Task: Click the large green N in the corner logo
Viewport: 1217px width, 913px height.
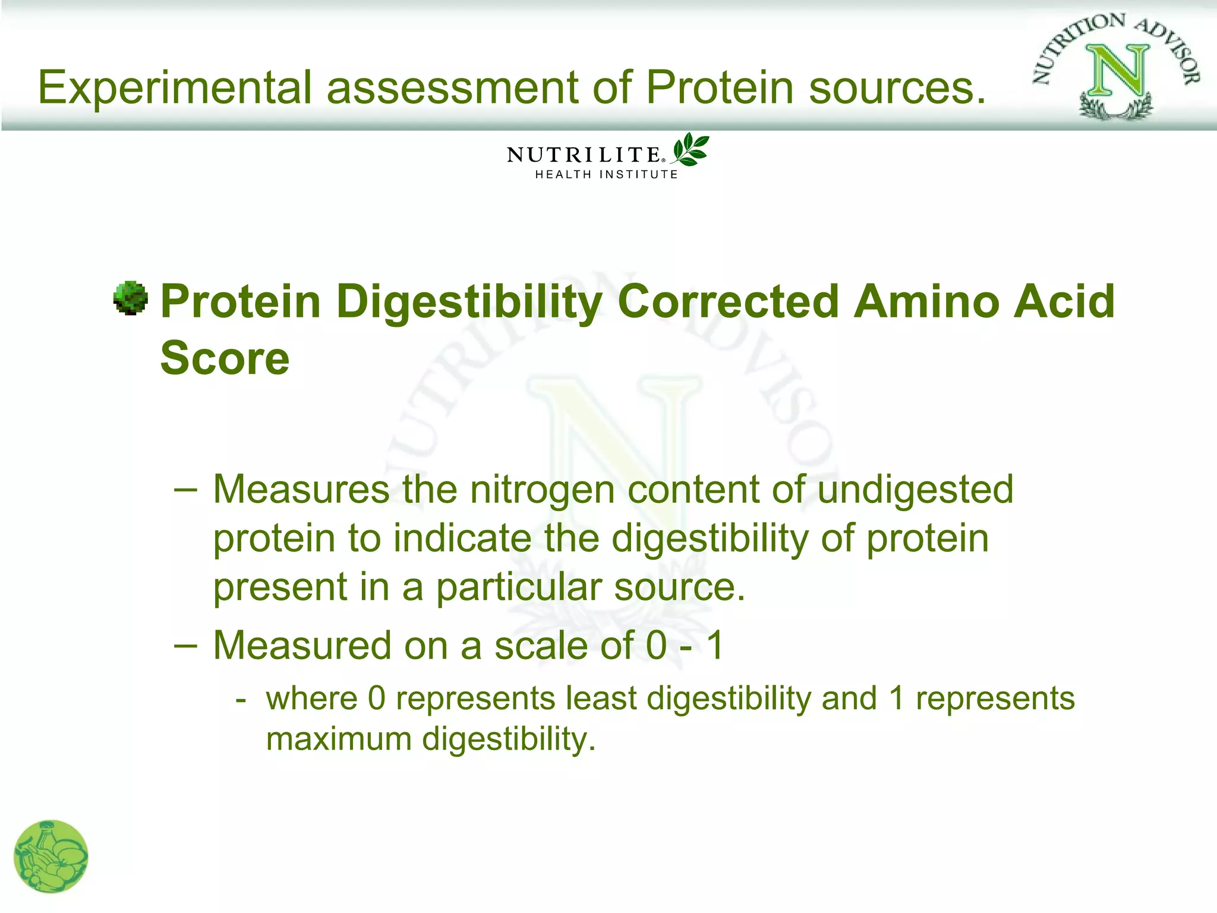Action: (x=1117, y=71)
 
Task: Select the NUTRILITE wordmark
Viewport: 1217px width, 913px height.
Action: (x=583, y=155)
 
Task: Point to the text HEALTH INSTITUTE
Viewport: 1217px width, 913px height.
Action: (x=606, y=175)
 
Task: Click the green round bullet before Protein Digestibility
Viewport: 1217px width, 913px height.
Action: (x=130, y=298)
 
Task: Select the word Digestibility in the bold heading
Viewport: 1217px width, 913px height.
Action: (x=469, y=302)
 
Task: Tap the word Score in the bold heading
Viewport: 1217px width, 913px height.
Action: (x=225, y=358)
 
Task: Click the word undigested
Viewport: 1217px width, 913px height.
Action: (x=915, y=490)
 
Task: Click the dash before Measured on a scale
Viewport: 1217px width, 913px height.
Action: (x=185, y=646)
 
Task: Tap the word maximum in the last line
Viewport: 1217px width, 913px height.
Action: (x=339, y=739)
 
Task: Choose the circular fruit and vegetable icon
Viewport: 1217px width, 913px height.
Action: (x=51, y=857)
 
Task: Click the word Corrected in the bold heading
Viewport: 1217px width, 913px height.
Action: (x=729, y=301)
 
